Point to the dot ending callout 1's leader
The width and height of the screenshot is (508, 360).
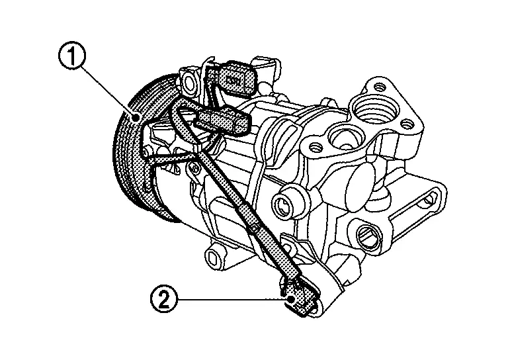[x=135, y=116]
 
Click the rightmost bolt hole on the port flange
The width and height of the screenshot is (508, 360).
[x=407, y=124]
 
